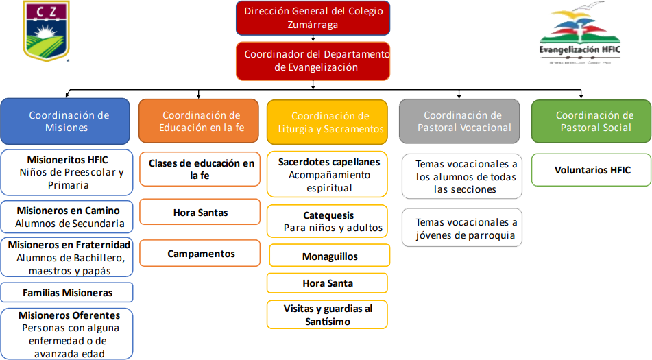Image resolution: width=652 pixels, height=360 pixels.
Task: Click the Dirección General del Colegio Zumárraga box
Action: (x=313, y=19)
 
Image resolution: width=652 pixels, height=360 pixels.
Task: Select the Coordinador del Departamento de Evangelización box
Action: (x=313, y=61)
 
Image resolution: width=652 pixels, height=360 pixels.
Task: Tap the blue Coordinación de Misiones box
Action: (x=65, y=121)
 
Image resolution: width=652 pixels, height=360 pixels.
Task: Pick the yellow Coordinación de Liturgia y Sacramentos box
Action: (x=329, y=122)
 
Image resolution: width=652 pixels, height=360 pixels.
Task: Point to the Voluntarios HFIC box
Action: (x=592, y=170)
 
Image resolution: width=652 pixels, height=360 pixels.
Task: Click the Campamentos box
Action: (x=200, y=254)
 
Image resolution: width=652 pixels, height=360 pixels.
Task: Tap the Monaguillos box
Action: (x=329, y=256)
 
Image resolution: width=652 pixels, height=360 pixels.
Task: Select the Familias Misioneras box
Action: (x=67, y=293)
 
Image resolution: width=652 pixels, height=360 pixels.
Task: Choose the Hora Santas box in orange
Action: (x=200, y=213)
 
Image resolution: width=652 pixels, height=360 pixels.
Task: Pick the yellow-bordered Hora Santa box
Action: (x=328, y=283)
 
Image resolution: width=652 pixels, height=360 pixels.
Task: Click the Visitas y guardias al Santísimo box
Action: (x=328, y=315)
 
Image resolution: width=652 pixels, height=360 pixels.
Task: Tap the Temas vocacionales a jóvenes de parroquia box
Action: (x=462, y=228)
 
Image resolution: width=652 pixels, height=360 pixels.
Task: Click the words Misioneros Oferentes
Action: (x=69, y=315)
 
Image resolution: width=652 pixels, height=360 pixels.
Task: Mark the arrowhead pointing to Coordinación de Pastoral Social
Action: (x=581, y=95)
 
